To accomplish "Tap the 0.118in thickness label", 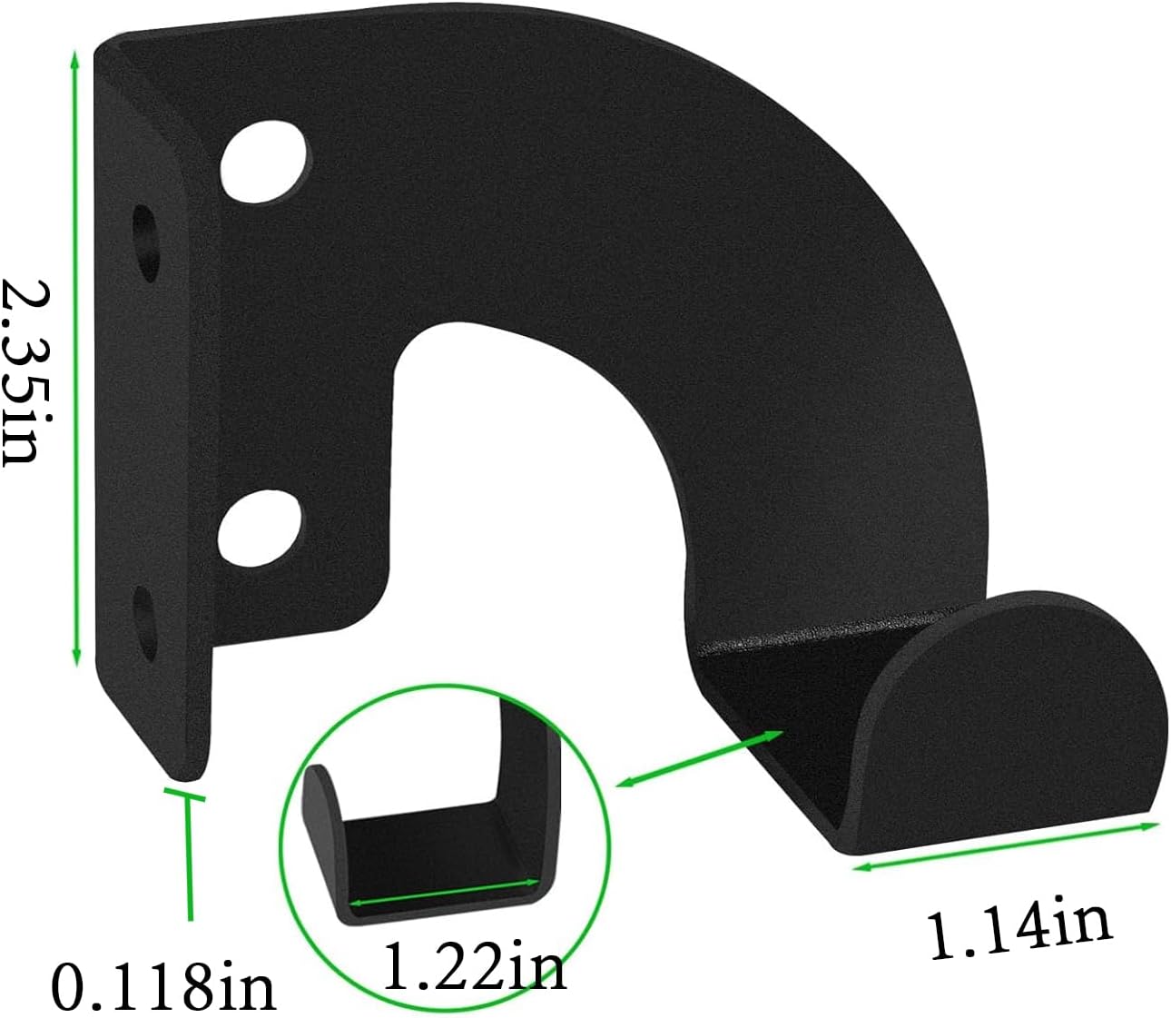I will (x=162, y=986).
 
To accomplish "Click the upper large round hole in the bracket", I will (x=263, y=163).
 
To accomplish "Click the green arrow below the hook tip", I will (x=1006, y=845).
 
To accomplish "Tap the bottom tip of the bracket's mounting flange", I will (x=186, y=773).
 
